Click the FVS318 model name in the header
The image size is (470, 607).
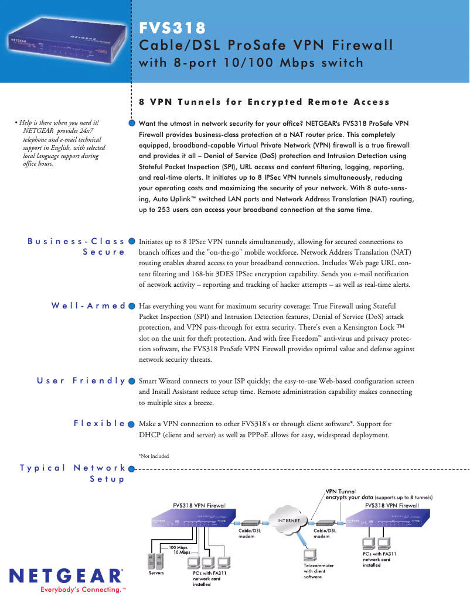coord(173,28)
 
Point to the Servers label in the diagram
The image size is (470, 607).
coord(155,572)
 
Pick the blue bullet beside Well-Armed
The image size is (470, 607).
coord(132,306)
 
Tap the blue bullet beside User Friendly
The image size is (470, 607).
coord(132,380)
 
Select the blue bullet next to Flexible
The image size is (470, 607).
coord(132,423)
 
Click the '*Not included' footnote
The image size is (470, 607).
coord(154,456)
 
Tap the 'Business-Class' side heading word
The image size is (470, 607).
coord(76,241)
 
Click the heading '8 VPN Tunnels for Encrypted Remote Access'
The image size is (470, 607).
coord(264,102)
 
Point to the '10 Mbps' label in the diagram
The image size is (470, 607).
coord(182,552)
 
